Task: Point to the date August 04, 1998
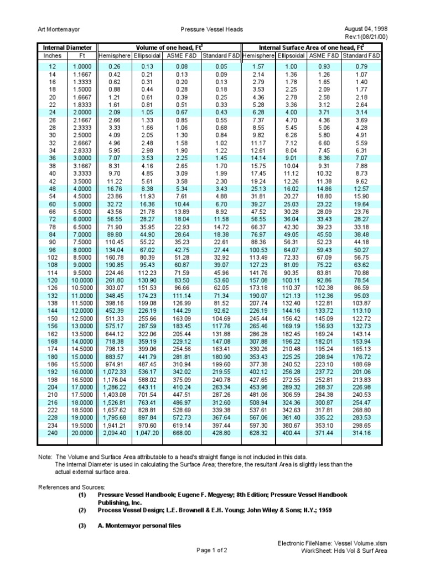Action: click(x=363, y=28)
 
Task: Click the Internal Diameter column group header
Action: click(x=67, y=48)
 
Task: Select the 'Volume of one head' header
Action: click(x=169, y=48)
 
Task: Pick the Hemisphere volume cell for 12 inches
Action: click(x=115, y=67)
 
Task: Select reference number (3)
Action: click(x=82, y=526)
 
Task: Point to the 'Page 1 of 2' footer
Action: click(x=212, y=551)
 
